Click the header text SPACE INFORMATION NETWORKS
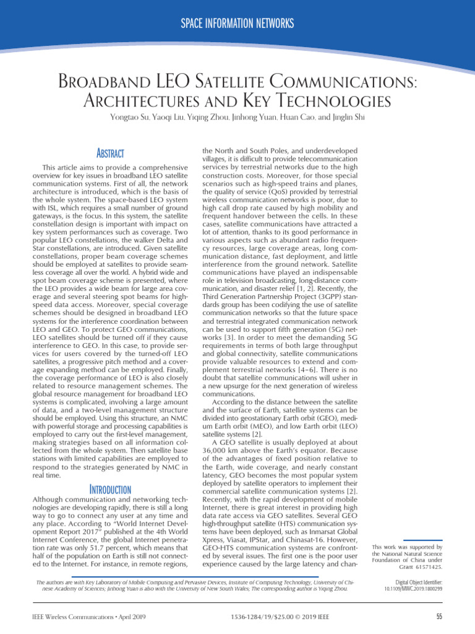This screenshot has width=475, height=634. click(x=237, y=24)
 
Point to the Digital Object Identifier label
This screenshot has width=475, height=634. click(x=418, y=583)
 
